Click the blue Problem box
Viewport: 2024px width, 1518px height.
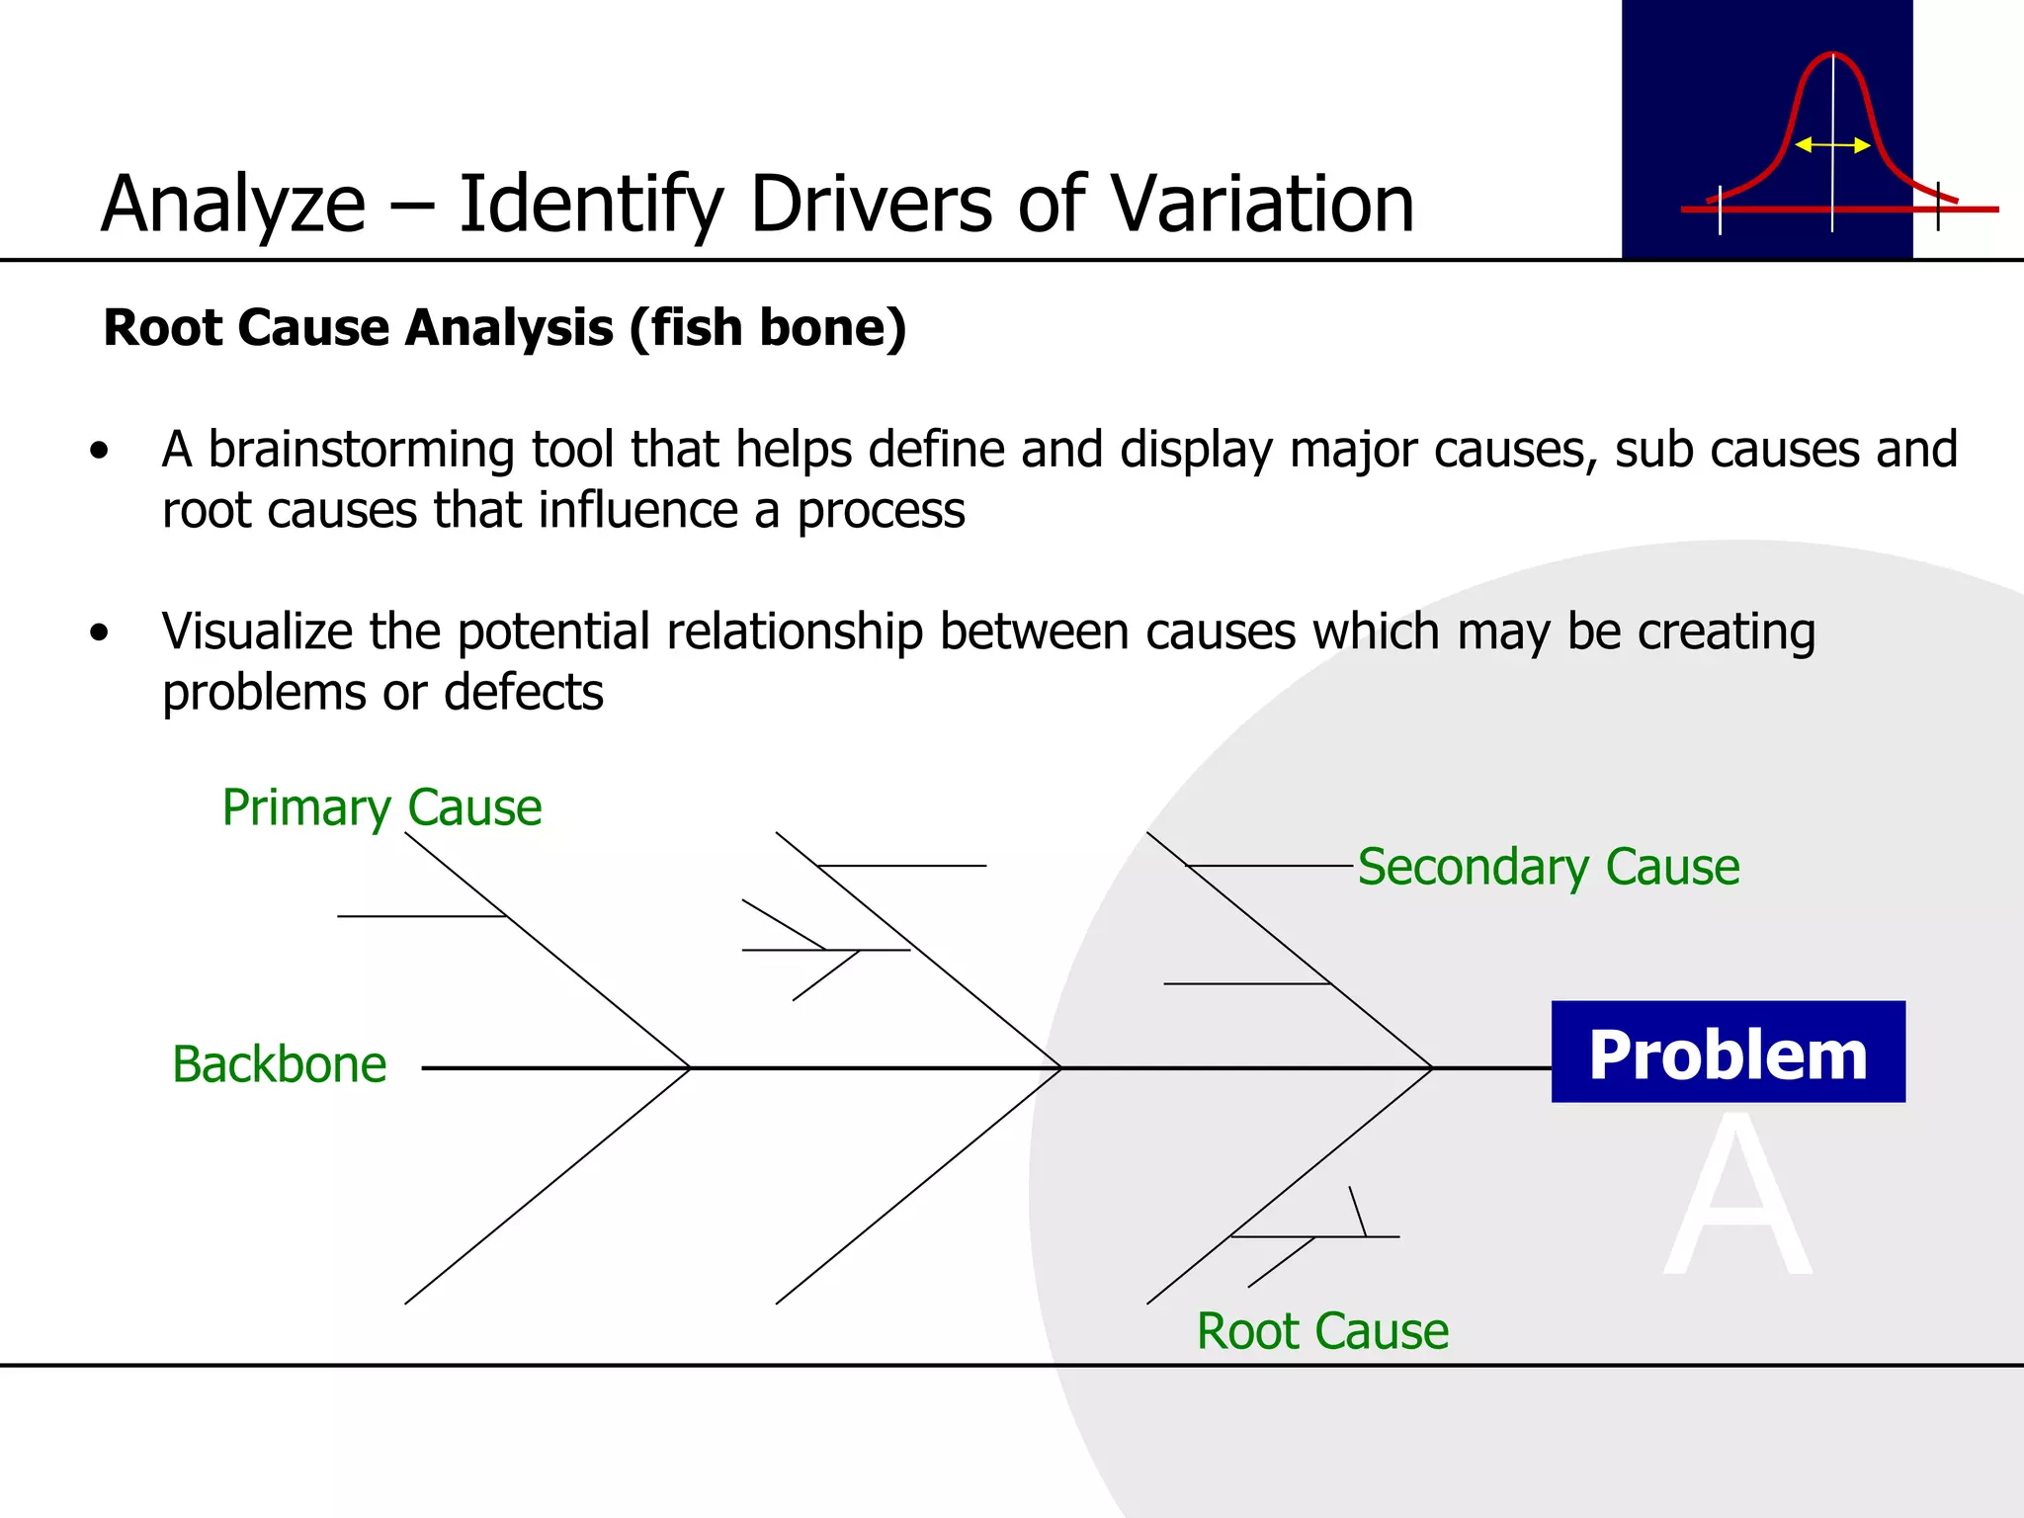[x=1728, y=1052]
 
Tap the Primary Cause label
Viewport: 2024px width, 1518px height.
[x=381, y=807]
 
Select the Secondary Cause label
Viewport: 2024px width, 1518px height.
[x=1548, y=867]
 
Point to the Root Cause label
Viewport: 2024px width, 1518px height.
[x=1322, y=1330]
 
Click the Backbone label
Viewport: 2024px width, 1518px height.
[x=279, y=1064]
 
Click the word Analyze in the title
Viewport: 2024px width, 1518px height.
[x=233, y=205]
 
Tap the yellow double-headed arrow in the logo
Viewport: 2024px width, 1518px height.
[x=1831, y=145]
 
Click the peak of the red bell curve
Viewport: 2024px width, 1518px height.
[x=1832, y=55]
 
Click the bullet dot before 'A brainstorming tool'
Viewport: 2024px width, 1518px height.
[x=99, y=452]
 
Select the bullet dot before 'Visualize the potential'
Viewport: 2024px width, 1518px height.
[x=99, y=632]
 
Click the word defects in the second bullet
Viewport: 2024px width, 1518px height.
[x=524, y=692]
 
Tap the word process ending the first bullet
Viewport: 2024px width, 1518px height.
[x=881, y=511]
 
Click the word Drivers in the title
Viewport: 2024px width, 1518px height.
[x=871, y=205]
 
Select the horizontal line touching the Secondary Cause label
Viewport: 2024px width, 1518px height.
[x=1270, y=866]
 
